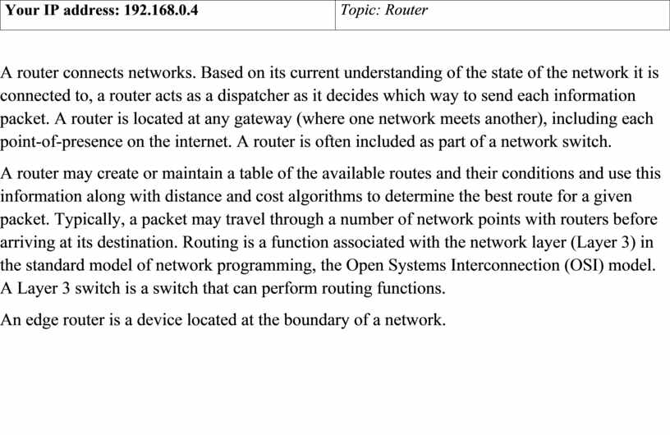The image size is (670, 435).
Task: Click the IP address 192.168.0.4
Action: pos(161,10)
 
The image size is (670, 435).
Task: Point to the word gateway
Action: pos(263,119)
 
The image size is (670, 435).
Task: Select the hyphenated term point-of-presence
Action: pos(61,142)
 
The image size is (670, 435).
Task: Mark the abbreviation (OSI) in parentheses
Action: pos(584,265)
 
